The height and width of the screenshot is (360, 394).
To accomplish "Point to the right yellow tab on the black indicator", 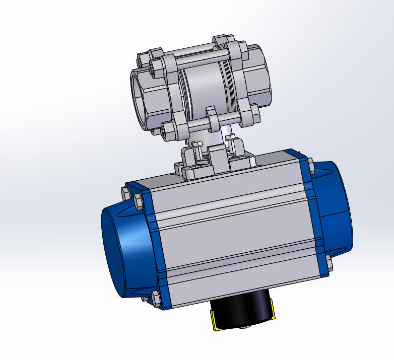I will point(272,310).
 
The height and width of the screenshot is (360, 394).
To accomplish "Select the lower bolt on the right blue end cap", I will point(329,264).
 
